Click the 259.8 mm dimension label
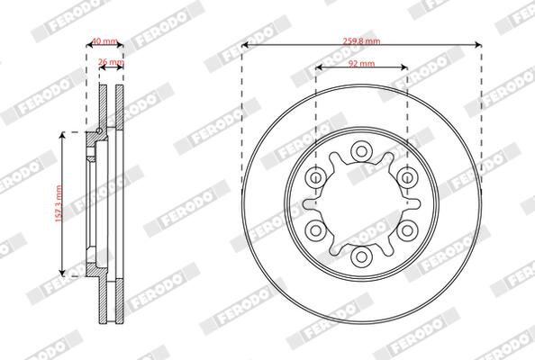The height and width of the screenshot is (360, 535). point(361,40)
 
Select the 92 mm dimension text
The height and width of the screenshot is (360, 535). point(361,65)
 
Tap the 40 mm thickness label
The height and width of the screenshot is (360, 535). point(104,41)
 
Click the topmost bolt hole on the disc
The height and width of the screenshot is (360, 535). point(361,150)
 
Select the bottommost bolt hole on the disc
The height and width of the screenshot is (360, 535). point(361,257)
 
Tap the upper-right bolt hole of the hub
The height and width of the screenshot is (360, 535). point(407,177)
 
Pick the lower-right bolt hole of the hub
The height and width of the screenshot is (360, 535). point(407,230)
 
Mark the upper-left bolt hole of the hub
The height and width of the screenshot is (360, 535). point(315,177)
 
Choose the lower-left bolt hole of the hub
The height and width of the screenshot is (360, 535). point(315,230)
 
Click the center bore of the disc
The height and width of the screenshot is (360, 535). point(361,203)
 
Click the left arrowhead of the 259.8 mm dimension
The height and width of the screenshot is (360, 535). point(245,46)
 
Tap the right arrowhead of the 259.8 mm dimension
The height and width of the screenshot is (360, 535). point(477,46)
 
